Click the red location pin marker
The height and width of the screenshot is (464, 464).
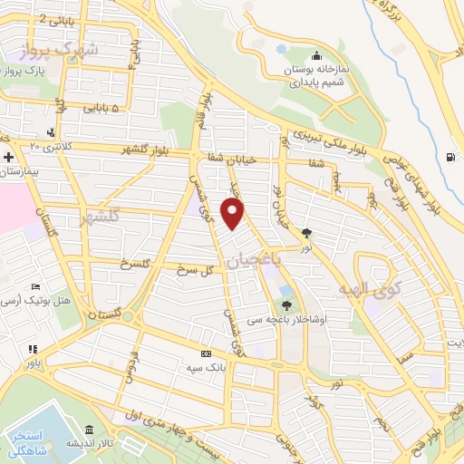tap(233, 213)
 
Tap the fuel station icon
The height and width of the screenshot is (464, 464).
tap(450, 156)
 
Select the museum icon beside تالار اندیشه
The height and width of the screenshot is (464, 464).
tap(89, 430)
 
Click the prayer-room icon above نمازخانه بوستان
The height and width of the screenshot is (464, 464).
tap(314, 53)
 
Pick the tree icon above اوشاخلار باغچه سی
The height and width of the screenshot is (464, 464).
tap(285, 305)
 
